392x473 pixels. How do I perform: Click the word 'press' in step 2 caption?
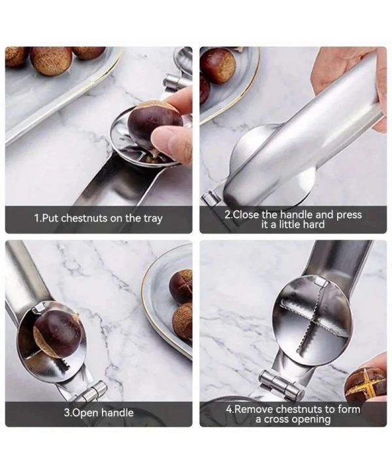tap(349, 215)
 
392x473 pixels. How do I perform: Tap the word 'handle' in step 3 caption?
tap(117, 412)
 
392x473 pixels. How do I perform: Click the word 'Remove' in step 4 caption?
tap(254, 409)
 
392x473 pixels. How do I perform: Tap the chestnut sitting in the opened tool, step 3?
tap(57, 334)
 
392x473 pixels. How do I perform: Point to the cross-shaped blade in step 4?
tap(312, 320)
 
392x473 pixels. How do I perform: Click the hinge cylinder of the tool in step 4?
tap(282, 384)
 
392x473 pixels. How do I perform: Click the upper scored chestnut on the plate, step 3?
tap(180, 286)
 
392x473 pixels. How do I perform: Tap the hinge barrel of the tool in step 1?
tap(176, 82)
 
